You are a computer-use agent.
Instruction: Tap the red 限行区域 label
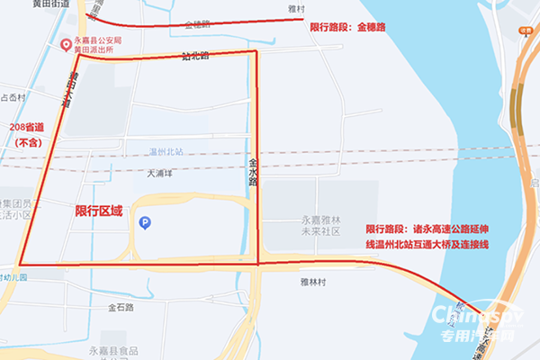pyautogui.click(x=100, y=209)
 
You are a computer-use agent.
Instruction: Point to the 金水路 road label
pyautogui.click(x=253, y=172)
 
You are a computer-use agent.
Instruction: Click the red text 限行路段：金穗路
pyautogui.click(x=346, y=28)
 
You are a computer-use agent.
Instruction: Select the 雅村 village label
pyautogui.click(x=296, y=9)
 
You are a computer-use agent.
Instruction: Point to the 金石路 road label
pyautogui.click(x=121, y=308)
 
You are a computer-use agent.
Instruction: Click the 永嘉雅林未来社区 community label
pyautogui.click(x=322, y=225)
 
